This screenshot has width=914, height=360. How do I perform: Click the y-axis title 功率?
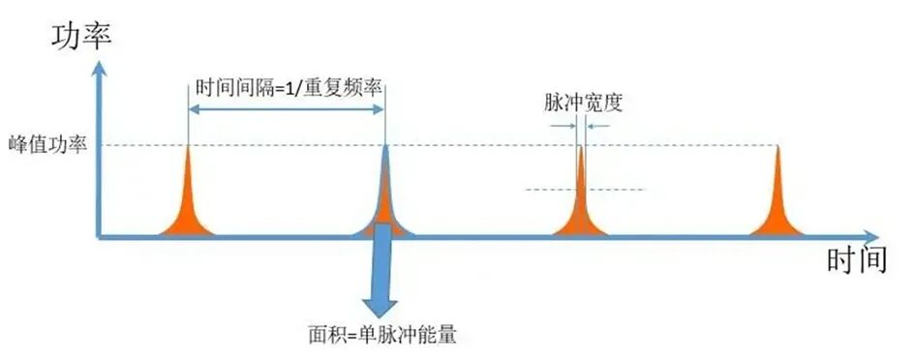click(x=81, y=38)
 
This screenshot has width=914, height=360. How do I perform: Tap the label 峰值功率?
click(x=47, y=144)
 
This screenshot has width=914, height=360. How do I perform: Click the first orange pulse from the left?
click(x=188, y=204)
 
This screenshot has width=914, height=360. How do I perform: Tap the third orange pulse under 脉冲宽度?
click(x=581, y=204)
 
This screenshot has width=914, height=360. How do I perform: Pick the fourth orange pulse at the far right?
click(x=777, y=204)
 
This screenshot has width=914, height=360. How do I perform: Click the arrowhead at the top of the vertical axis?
click(x=100, y=69)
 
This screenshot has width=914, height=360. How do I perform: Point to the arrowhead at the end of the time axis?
click(x=869, y=236)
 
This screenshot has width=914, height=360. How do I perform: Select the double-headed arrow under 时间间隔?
click(x=287, y=109)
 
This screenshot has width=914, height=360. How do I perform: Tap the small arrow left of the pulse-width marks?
click(x=561, y=125)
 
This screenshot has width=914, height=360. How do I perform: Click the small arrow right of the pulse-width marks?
click(x=598, y=125)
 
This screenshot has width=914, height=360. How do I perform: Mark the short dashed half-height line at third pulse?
click(x=585, y=190)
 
